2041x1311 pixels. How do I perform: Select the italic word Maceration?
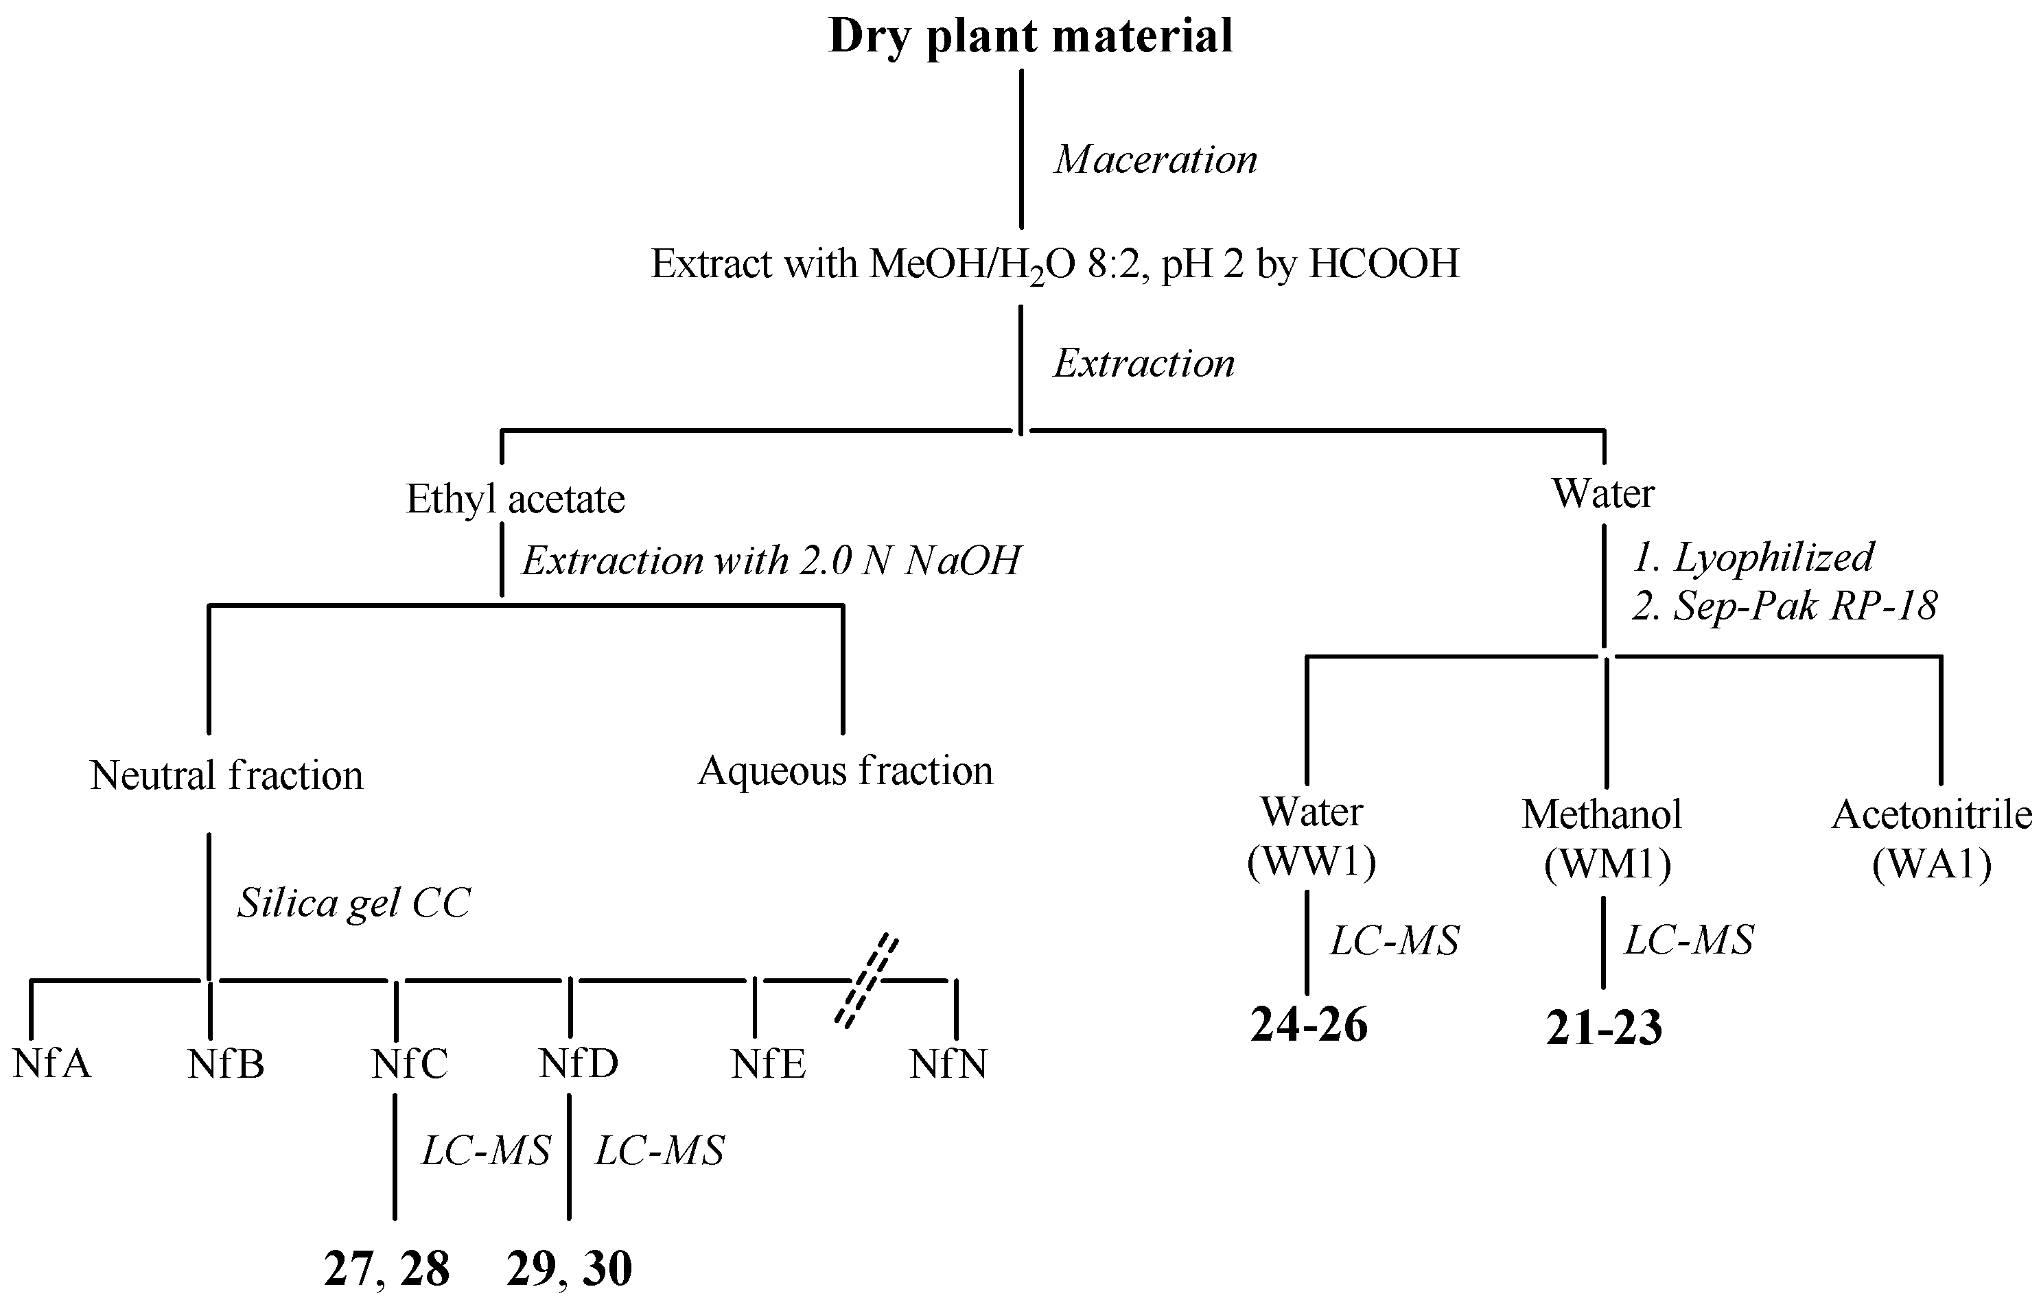coord(1156,160)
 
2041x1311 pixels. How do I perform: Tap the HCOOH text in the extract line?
coord(1384,264)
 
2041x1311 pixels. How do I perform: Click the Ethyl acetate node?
coord(515,499)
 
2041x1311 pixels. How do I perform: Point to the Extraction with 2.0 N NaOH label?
coord(771,561)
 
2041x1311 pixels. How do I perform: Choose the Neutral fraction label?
coord(226,775)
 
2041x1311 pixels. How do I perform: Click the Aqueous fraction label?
coord(845,771)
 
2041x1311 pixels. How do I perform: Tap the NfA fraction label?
coord(52,1064)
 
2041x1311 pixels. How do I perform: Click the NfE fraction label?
coord(768,1064)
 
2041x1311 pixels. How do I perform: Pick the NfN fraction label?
coord(948,1064)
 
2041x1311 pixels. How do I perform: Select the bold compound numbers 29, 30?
coord(569,1269)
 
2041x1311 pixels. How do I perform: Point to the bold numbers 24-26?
coord(1309,1025)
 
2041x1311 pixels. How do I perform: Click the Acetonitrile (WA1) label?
coord(1931,840)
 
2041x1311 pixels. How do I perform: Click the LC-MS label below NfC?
coord(486,1152)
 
